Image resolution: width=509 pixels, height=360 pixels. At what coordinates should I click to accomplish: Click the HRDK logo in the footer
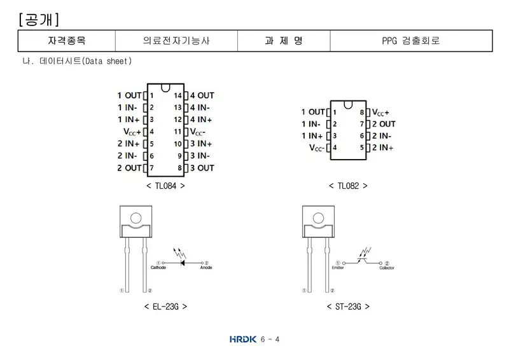pos(243,339)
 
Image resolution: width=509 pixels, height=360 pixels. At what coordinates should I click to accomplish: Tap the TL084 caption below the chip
pos(165,186)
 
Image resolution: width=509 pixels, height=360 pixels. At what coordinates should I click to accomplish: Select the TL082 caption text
pos(348,186)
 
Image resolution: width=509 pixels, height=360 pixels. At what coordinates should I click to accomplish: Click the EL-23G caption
pos(165,307)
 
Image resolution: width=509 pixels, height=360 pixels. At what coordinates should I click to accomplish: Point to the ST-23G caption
pos(348,307)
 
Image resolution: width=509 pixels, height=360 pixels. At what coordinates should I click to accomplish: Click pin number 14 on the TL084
pos(178,95)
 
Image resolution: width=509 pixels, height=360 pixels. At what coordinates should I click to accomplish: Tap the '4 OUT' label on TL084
pos(202,95)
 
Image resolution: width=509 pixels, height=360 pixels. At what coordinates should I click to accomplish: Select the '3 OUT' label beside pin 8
pos(202,168)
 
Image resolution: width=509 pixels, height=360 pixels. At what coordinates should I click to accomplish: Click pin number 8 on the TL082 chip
pos(362,113)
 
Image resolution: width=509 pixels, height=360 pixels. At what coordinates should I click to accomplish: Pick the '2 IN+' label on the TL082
pos(383,148)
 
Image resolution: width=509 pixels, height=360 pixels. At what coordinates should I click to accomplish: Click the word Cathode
pos(158,268)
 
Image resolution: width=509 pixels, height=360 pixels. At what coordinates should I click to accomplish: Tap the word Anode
pos(206,268)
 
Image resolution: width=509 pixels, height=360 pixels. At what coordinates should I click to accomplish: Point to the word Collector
pos(387,268)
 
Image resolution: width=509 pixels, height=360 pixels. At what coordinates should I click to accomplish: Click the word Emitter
pos(338,268)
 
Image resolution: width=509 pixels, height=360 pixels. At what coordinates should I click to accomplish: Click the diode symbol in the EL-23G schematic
pos(183,263)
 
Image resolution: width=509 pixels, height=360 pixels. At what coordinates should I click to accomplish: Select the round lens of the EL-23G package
pos(136,218)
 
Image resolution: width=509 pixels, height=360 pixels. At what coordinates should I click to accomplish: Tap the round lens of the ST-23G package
pos(318,218)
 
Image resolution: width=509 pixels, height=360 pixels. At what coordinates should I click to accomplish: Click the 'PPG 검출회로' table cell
pos(411,41)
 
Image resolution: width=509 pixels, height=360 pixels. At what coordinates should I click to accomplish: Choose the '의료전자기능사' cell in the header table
pos(176,41)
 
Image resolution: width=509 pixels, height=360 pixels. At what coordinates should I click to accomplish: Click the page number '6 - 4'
pos(270,340)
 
